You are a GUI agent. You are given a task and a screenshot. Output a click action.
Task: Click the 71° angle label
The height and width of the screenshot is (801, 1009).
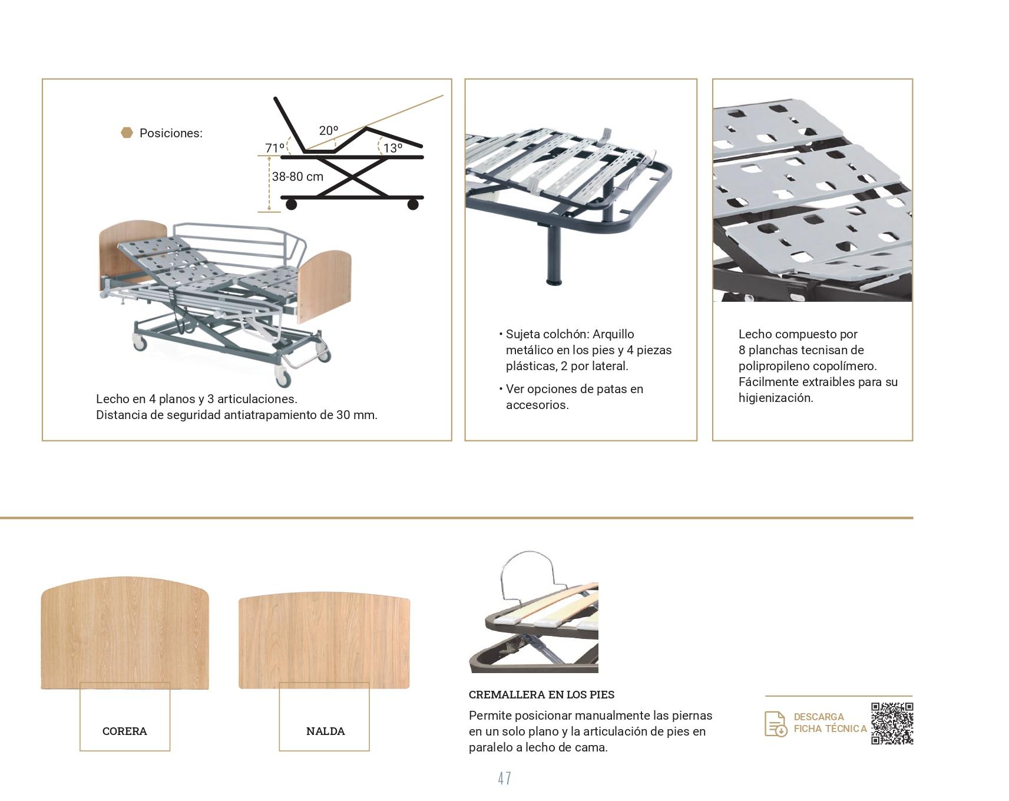click(274, 148)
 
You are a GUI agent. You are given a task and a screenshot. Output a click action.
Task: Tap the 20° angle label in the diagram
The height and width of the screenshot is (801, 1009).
click(329, 130)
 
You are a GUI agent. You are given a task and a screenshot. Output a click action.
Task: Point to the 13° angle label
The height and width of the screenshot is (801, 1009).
click(393, 148)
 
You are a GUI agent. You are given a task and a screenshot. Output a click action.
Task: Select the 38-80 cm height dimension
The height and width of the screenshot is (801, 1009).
click(297, 176)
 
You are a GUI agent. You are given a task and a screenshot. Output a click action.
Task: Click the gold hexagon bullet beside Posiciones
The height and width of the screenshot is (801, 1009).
click(127, 133)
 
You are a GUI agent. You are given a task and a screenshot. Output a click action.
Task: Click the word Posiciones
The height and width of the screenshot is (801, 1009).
click(171, 133)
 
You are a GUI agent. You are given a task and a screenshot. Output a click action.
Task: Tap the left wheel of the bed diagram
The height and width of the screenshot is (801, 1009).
click(291, 205)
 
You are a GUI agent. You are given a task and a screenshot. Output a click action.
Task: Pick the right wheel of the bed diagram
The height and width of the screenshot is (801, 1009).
click(413, 205)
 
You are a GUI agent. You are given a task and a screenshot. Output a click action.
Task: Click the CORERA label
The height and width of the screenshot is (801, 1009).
click(125, 731)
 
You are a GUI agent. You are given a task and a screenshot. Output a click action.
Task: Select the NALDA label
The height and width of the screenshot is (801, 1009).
click(325, 731)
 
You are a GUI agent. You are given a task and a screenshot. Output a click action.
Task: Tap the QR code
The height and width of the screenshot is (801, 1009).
click(892, 723)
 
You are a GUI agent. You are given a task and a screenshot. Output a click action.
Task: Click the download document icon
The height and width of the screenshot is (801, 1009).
click(776, 724)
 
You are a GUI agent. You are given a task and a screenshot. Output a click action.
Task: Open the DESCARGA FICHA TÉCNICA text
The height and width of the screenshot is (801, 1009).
click(830, 723)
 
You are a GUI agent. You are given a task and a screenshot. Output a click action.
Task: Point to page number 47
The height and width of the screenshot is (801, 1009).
click(504, 779)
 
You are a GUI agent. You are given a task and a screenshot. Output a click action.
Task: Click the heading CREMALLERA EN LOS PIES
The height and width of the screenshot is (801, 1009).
click(541, 694)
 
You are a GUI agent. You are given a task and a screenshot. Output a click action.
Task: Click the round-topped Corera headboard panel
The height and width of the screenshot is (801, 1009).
click(125, 632)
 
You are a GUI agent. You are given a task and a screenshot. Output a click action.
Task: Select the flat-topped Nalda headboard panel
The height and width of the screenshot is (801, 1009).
click(324, 641)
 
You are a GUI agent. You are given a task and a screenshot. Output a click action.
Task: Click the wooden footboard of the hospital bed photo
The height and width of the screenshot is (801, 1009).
click(325, 286)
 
